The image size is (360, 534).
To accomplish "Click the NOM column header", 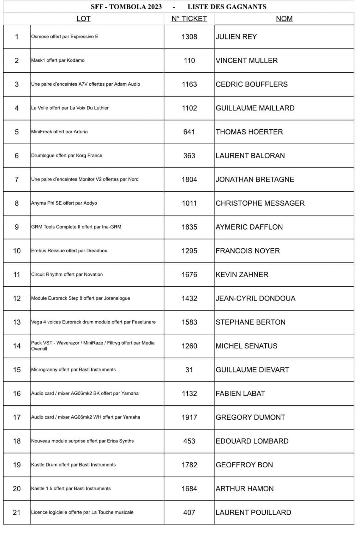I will pyautogui.click(x=284, y=19).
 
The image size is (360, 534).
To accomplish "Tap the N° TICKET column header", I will pyautogui.click(x=189, y=19).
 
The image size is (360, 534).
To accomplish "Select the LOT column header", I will pyautogui.click(x=83, y=19).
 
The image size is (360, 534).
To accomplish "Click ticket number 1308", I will pyautogui.click(x=189, y=37).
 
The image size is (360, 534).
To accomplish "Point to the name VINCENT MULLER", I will pyautogui.click(x=247, y=60).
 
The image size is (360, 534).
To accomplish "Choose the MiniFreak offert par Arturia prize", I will pyautogui.click(x=59, y=132).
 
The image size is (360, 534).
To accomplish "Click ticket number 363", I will pyautogui.click(x=189, y=156).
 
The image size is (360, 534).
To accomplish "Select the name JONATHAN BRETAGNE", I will pyautogui.click(x=255, y=179).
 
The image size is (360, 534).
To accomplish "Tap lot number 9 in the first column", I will pyautogui.click(x=17, y=227).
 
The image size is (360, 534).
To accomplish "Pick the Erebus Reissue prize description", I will pyautogui.click(x=69, y=250).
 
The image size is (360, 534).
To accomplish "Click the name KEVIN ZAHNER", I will pyautogui.click(x=242, y=274).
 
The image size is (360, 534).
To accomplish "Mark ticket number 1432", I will pyautogui.click(x=189, y=298).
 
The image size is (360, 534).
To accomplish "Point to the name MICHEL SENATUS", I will pyautogui.click(x=246, y=346).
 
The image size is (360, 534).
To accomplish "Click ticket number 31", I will pyautogui.click(x=189, y=370).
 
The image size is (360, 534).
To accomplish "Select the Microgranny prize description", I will pyautogui.click(x=73, y=370).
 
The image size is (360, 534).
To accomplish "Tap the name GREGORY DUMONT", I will pyautogui.click(x=250, y=417).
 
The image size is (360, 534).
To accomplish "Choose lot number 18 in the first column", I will pyautogui.click(x=17, y=441).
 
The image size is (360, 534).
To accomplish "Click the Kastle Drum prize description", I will pyautogui.click(x=73, y=465).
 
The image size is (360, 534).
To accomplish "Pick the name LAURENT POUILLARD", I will pyautogui.click(x=253, y=512).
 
